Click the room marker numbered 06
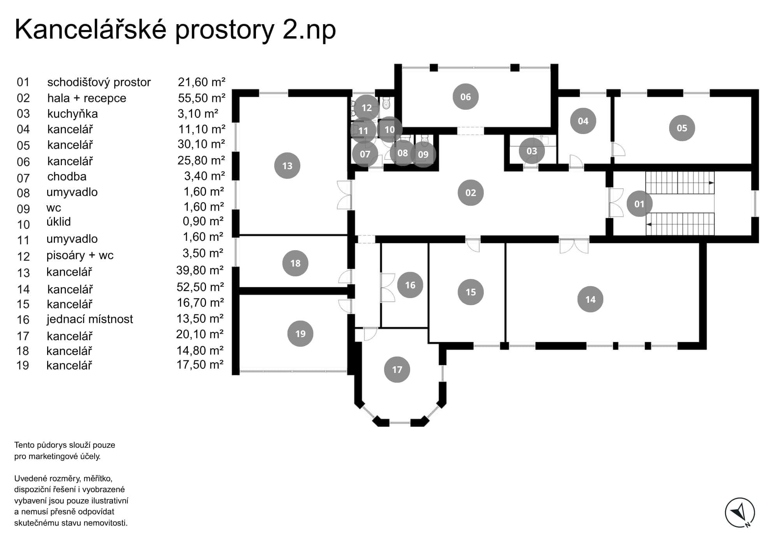click(465, 97)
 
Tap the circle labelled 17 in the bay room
click(397, 369)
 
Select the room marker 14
click(590, 299)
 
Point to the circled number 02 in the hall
click(471, 192)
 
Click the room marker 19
click(300, 334)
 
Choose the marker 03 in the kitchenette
click(532, 151)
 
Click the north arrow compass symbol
click(740, 513)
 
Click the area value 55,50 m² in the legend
click(201, 98)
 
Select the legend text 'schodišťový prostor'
click(99, 82)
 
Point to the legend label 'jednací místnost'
click(90, 319)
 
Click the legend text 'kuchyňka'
click(72, 114)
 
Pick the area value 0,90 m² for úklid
click(203, 221)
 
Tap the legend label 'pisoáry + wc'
click(80, 255)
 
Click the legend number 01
click(23, 82)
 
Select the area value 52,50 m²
click(200, 287)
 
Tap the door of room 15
click(473, 245)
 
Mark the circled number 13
click(287, 166)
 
